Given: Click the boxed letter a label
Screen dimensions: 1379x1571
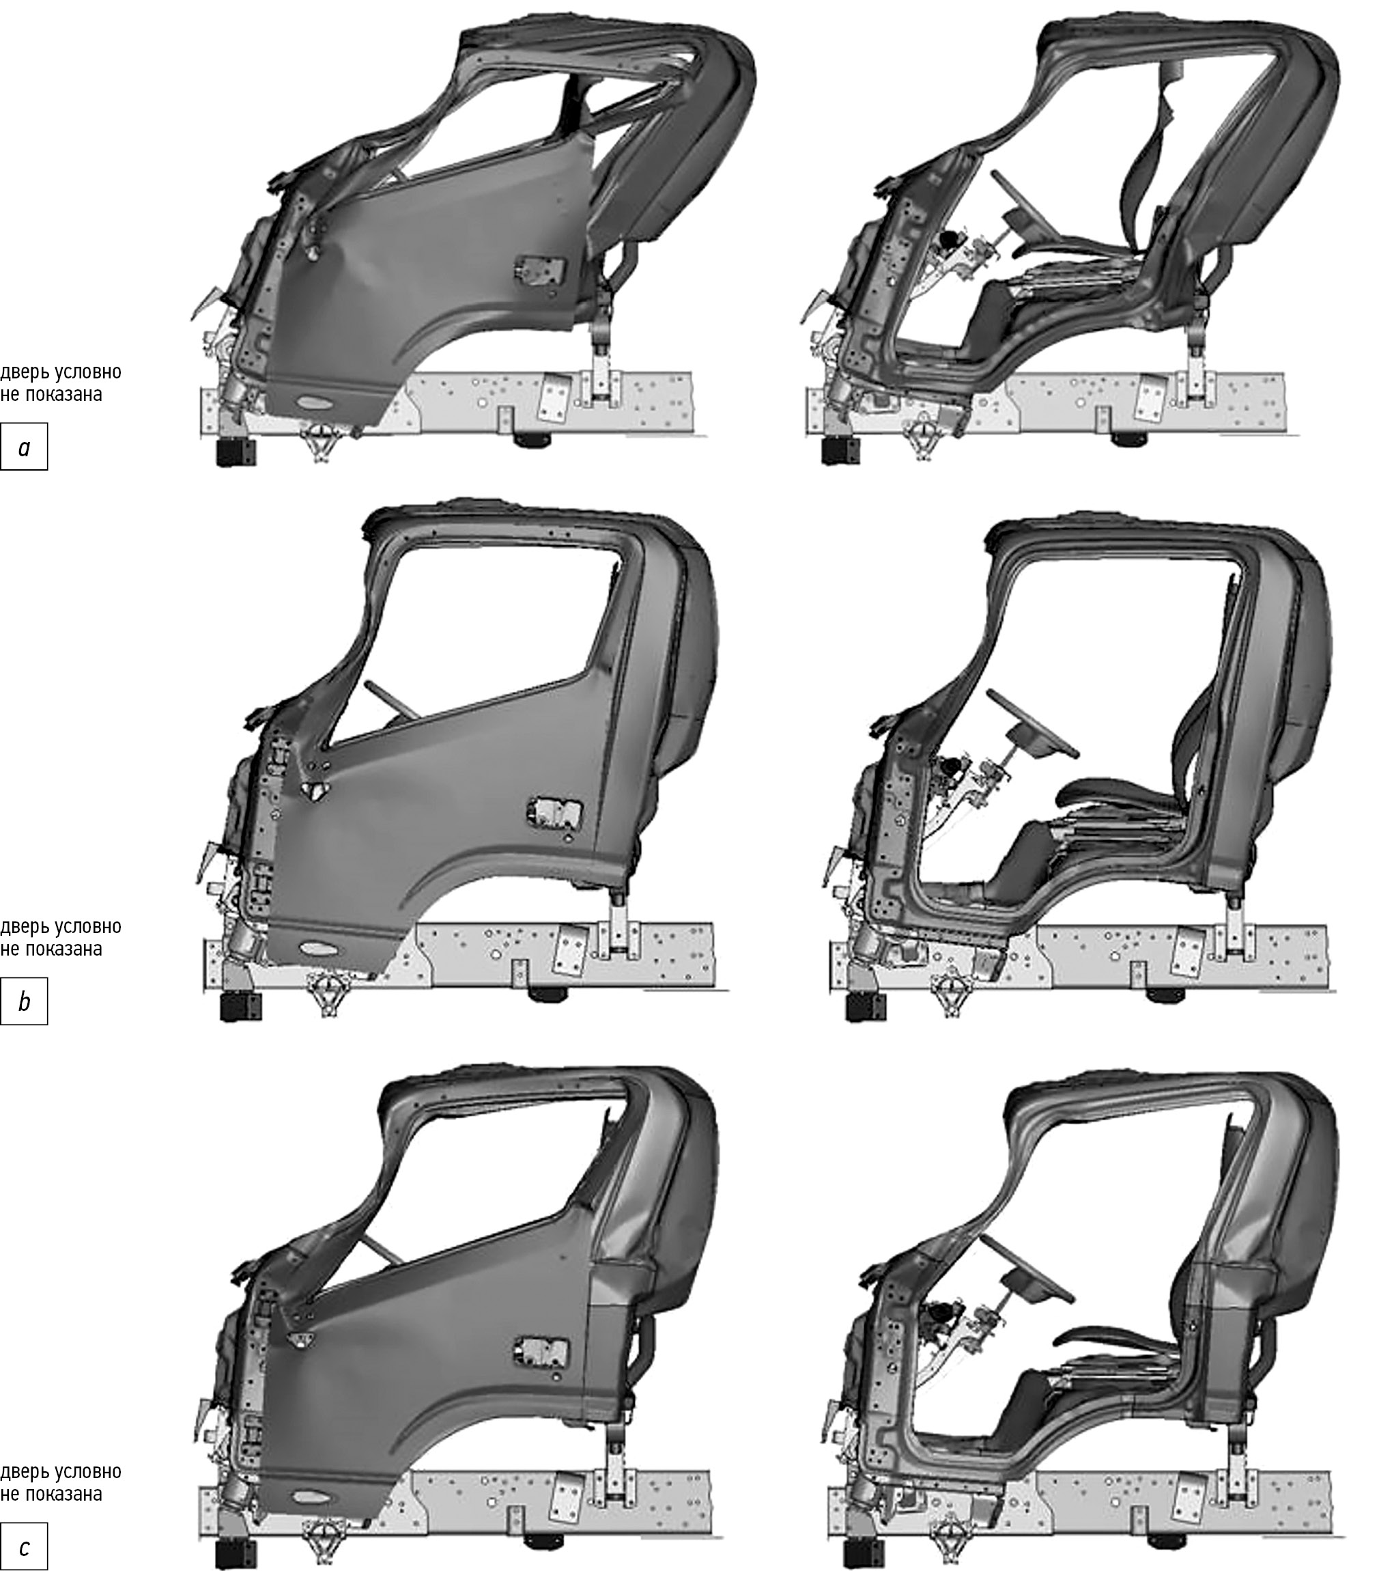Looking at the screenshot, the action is point(24,446).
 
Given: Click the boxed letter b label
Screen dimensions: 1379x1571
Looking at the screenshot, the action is point(24,1001).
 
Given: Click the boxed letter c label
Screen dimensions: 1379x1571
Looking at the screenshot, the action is point(24,1546).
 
